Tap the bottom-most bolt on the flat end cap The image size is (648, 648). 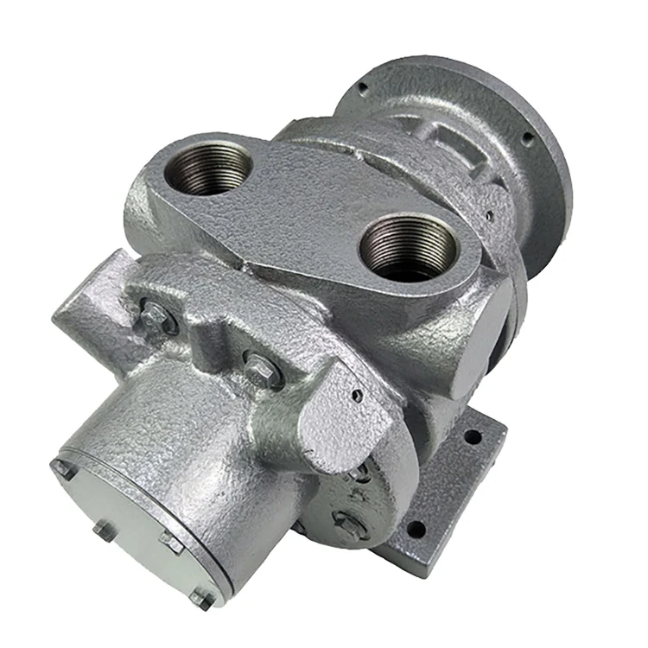201,597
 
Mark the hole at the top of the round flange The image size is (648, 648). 361,87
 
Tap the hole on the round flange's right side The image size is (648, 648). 526,137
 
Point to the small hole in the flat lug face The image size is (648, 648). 355,396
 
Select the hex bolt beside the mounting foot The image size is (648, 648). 349,524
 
